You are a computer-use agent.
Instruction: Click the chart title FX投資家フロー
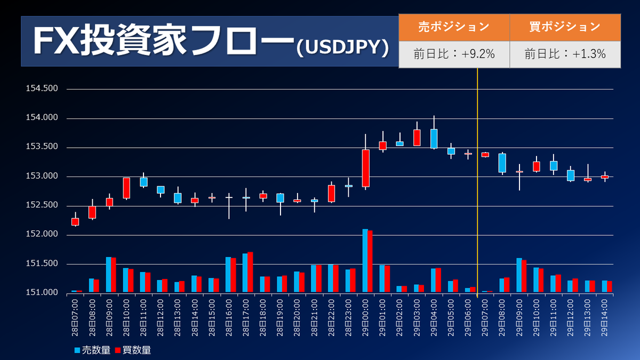tap(163, 42)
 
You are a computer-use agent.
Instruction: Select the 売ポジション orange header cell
tap(454, 27)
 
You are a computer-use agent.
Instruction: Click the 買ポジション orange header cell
tap(565, 27)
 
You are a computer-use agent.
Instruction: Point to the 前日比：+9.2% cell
tap(454, 54)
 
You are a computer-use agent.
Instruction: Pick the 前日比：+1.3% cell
tap(565, 54)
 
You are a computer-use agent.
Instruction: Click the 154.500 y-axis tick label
tap(42, 89)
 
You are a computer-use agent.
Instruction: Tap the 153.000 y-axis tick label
tap(42, 177)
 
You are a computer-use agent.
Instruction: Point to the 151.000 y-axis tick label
tap(42, 293)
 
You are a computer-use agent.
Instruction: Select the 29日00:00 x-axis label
tap(366, 317)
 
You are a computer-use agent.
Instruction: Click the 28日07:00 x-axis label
tap(75, 317)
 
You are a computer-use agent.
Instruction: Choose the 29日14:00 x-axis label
tap(605, 317)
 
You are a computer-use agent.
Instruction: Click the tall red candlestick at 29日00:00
tap(366, 168)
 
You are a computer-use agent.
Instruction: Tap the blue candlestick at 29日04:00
tap(434, 139)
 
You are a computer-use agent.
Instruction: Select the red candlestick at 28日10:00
tap(126, 188)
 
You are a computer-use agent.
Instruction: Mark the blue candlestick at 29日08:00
tap(502, 163)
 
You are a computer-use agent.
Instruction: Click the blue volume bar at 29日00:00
tap(365, 261)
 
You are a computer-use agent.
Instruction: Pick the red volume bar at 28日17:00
tap(250, 272)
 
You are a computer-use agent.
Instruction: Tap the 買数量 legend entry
tap(133, 350)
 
